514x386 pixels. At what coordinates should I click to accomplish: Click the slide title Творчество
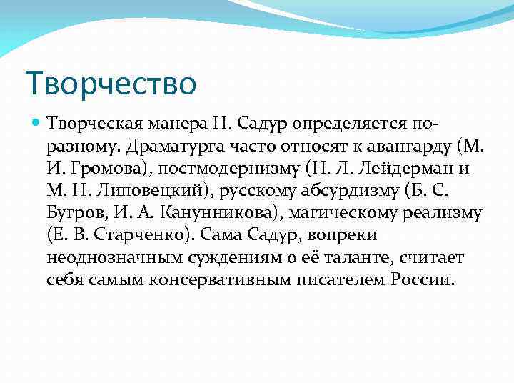(110, 83)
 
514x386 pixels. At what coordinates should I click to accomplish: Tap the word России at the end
(421, 279)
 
